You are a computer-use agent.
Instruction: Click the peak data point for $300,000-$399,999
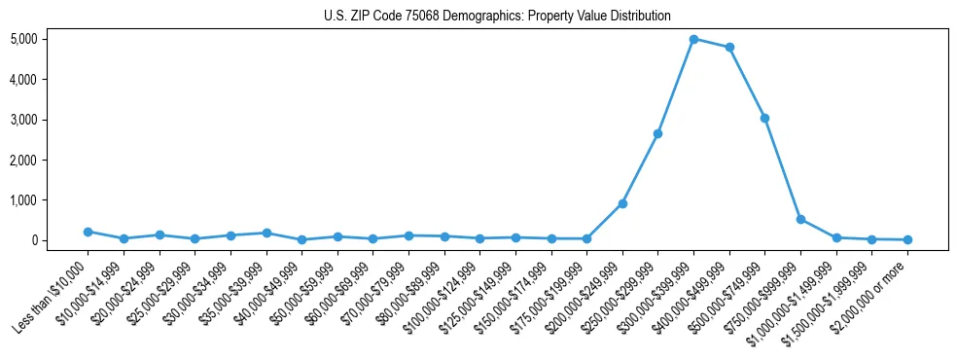693,39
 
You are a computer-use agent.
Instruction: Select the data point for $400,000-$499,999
729,47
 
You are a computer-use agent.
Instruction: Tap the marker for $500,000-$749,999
764,118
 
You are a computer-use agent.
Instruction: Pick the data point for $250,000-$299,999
657,133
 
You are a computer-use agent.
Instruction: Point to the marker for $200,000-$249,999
622,203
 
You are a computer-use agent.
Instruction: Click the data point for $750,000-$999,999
800,219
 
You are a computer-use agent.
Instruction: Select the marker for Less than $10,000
88,232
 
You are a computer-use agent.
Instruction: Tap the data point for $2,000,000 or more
907,239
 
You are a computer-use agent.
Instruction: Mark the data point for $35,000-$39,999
266,233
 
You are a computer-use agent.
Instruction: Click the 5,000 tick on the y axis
23,39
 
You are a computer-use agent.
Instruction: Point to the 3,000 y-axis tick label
23,120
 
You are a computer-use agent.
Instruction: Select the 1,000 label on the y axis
23,200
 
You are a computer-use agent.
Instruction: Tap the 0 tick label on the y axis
33,240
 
